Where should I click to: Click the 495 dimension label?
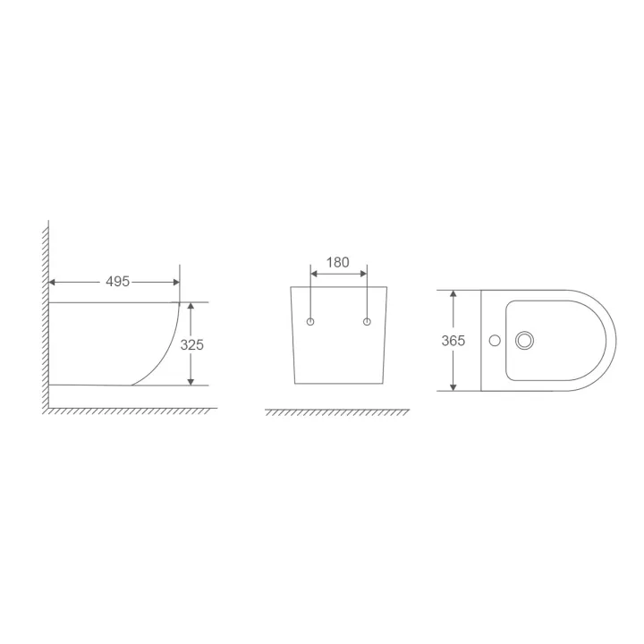click(117, 282)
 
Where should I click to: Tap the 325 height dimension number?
click(191, 345)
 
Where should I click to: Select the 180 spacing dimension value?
click(337, 262)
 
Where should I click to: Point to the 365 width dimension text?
click(453, 341)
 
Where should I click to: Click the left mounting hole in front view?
click(310, 322)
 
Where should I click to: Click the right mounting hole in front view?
click(368, 322)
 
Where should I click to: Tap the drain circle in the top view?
click(524, 341)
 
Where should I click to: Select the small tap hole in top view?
click(495, 341)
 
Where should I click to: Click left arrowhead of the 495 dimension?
click(52, 282)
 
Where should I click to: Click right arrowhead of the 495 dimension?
click(176, 282)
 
